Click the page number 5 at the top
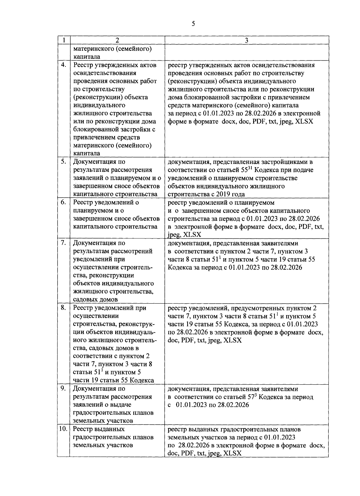(x=193, y=24)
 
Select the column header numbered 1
(x=63, y=40)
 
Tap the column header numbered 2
(x=117, y=40)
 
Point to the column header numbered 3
(x=246, y=40)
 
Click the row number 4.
(x=63, y=65)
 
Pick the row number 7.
(x=63, y=243)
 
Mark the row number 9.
(x=63, y=389)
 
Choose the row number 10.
(x=63, y=429)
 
